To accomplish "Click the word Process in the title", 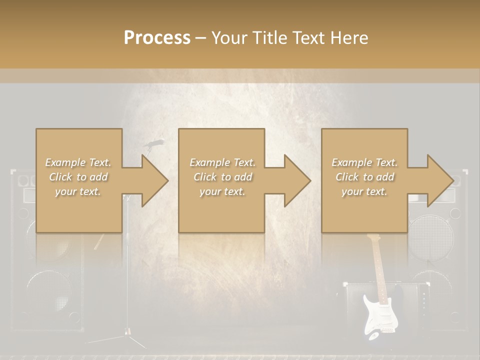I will (x=157, y=38).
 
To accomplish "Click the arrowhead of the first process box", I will (x=154, y=181).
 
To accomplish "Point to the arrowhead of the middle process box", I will (x=297, y=181).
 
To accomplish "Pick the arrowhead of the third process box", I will (x=440, y=181).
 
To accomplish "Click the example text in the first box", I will (x=78, y=177).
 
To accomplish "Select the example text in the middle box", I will (x=222, y=177).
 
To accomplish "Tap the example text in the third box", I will (x=364, y=177).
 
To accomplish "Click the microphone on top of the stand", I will (x=154, y=143).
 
